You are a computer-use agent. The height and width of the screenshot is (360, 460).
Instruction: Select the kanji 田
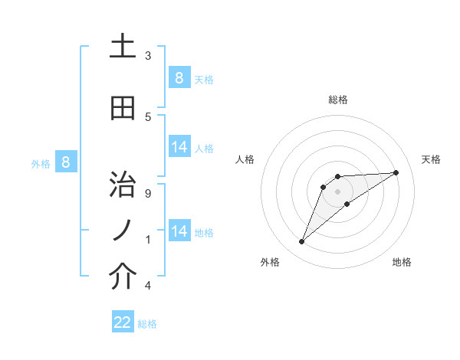click(123, 108)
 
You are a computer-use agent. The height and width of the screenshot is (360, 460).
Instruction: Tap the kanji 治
click(123, 185)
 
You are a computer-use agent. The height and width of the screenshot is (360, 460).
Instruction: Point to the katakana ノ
click(123, 231)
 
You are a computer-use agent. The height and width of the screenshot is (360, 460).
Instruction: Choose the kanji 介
click(123, 277)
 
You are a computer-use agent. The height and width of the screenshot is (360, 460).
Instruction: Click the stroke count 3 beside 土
click(148, 55)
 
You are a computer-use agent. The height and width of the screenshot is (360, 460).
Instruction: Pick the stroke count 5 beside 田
click(148, 116)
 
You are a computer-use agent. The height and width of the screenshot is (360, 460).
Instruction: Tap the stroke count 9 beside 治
click(148, 194)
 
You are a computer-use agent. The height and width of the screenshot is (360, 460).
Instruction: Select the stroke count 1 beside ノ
click(148, 240)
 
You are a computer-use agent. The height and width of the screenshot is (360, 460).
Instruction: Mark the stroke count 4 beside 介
click(148, 286)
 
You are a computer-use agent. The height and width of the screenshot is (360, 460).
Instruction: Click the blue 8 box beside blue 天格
click(179, 77)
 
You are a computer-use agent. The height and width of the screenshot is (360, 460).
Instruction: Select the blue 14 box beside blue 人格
click(179, 147)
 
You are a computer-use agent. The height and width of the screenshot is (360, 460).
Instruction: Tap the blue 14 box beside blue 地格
click(179, 231)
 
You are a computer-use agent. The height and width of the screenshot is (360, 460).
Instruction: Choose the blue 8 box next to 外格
click(66, 162)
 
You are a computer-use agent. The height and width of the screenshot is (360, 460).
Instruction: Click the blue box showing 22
click(123, 322)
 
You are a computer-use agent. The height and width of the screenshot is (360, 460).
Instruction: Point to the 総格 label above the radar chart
click(338, 100)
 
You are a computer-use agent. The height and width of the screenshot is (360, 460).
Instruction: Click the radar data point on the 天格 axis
click(396, 172)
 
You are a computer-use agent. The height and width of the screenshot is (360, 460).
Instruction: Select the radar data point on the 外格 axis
click(302, 242)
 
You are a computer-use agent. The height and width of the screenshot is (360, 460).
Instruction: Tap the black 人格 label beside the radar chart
click(245, 159)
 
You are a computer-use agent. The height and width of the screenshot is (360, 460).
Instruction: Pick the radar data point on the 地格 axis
click(347, 204)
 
